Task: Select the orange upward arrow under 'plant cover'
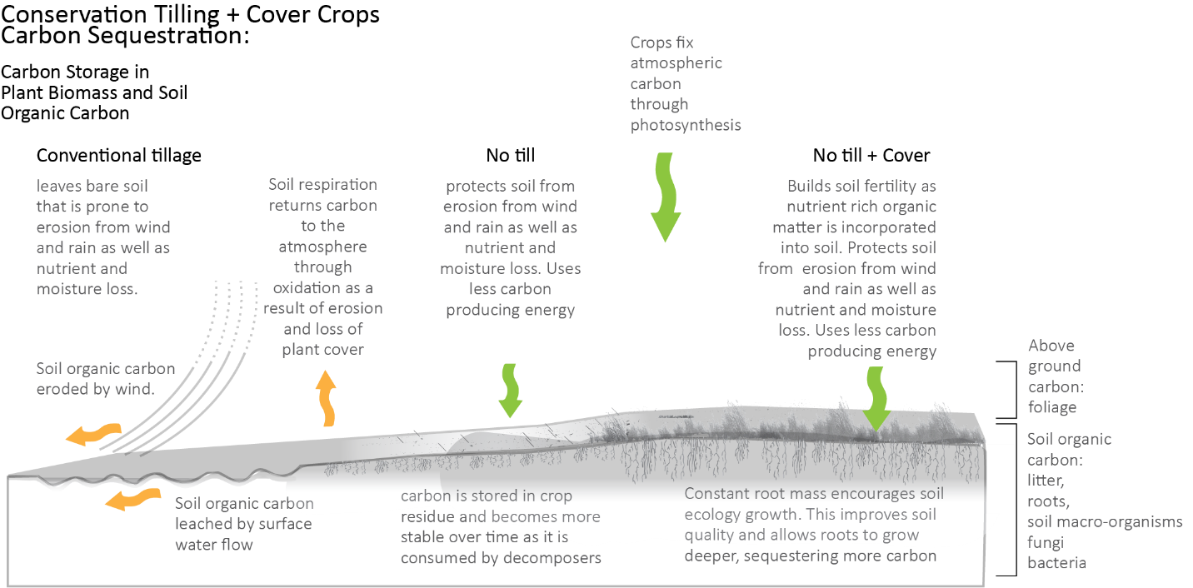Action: pos(326,399)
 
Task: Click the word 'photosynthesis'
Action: pos(685,125)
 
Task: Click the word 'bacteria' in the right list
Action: pos(1056,563)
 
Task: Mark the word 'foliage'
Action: pos(1052,407)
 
